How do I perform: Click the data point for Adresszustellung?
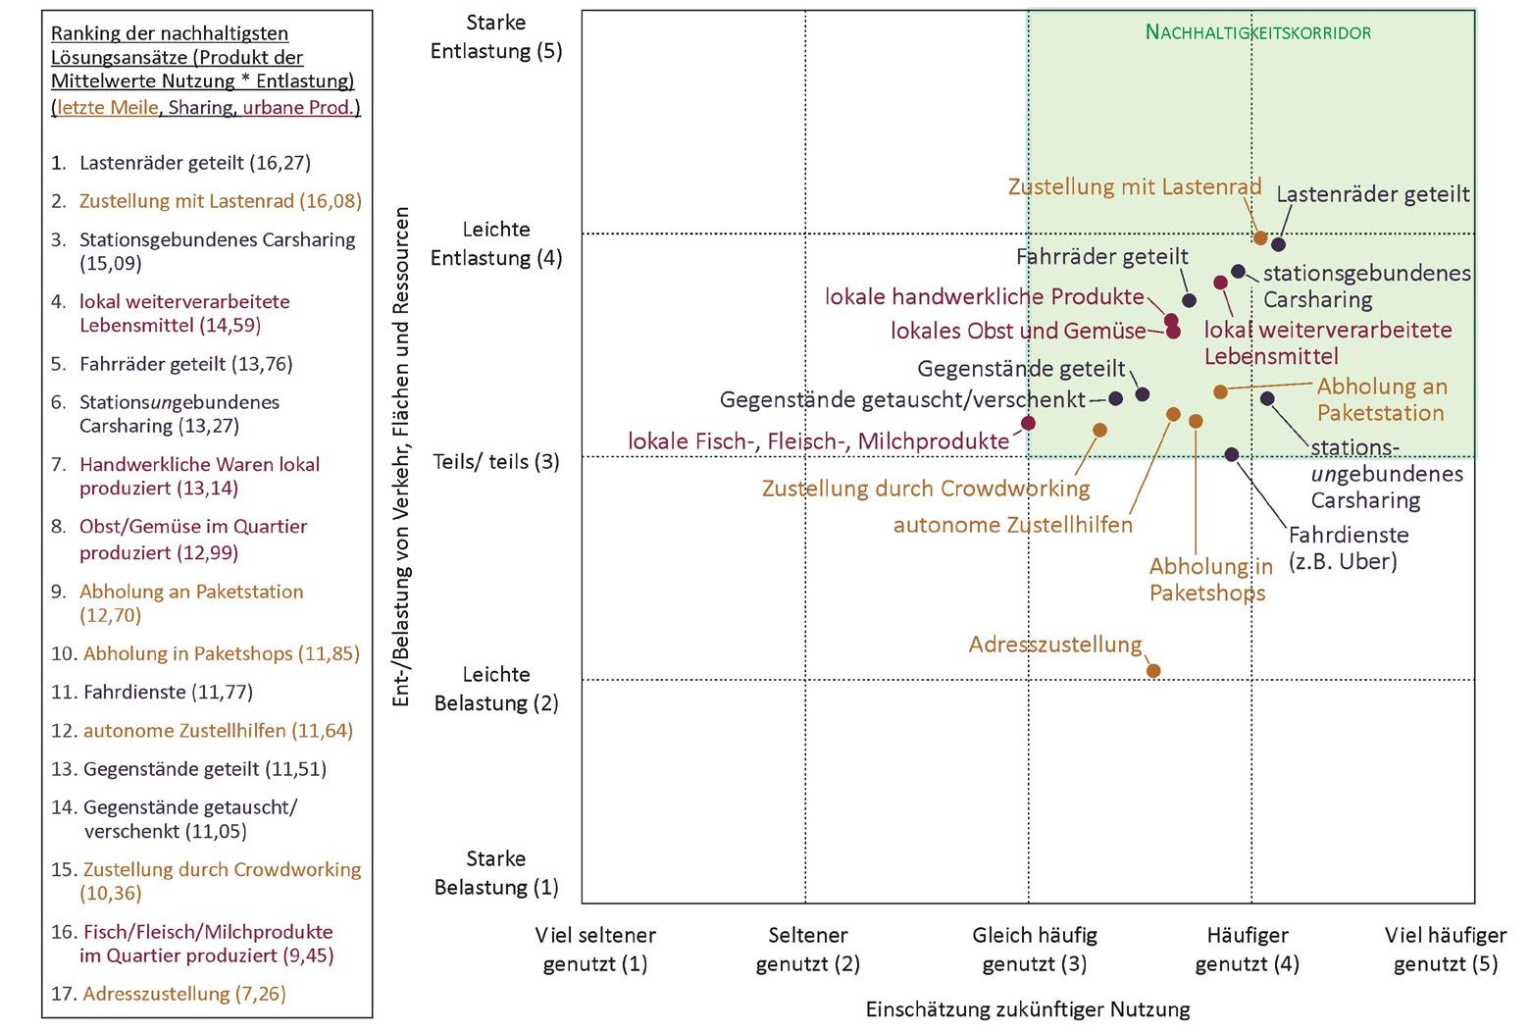[1153, 671]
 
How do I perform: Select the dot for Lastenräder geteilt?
[1278, 244]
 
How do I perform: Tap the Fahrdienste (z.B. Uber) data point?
[1232, 454]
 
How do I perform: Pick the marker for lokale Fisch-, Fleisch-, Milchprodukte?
[1028, 423]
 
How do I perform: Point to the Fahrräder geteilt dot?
[1189, 301]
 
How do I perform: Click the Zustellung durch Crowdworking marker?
[1099, 430]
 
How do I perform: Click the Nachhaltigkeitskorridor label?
[1258, 32]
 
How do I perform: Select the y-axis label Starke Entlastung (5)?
[496, 36]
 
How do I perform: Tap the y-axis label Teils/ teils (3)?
[496, 461]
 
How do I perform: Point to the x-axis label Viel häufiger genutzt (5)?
[1446, 949]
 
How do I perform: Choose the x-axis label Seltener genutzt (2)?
[807, 949]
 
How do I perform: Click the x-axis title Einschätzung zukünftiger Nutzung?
[1027, 1008]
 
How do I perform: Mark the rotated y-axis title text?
[400, 456]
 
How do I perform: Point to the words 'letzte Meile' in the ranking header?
[107, 108]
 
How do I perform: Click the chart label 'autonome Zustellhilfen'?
[1012, 525]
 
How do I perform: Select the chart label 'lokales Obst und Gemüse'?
[1018, 331]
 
